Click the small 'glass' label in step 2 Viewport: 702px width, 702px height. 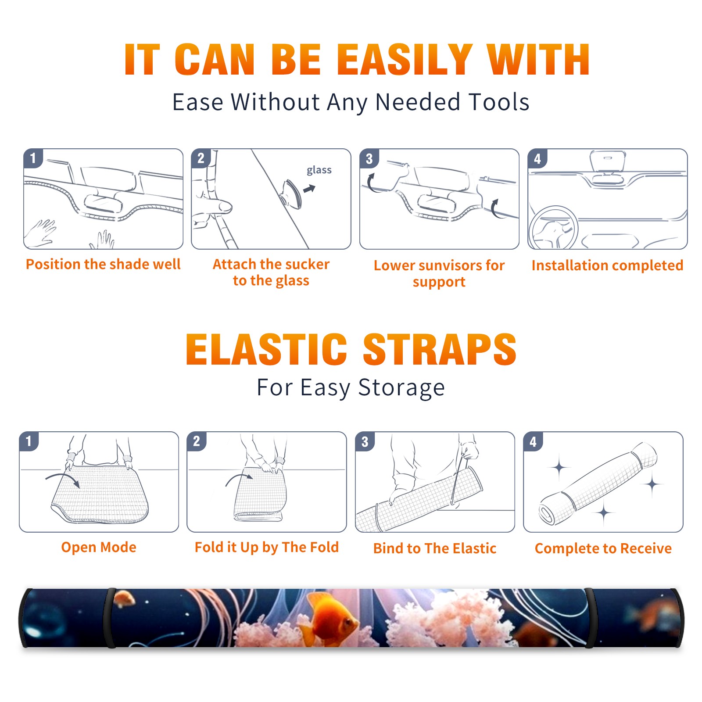point(319,170)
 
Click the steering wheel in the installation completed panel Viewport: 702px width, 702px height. point(553,228)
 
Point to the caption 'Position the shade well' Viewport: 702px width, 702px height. point(103,264)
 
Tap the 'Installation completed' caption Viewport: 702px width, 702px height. point(607,265)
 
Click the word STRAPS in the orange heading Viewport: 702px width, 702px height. point(440,349)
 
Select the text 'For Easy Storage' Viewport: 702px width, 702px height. point(351,388)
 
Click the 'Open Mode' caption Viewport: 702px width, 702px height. point(99,547)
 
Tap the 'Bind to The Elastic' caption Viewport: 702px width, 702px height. point(435,548)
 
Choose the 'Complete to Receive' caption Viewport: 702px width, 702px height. point(603,548)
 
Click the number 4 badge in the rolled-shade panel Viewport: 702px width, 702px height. point(533,441)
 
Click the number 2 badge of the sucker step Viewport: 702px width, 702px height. point(201,158)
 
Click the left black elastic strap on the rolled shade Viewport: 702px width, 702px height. point(109,618)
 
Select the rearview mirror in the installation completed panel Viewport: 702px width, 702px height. point(608,161)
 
